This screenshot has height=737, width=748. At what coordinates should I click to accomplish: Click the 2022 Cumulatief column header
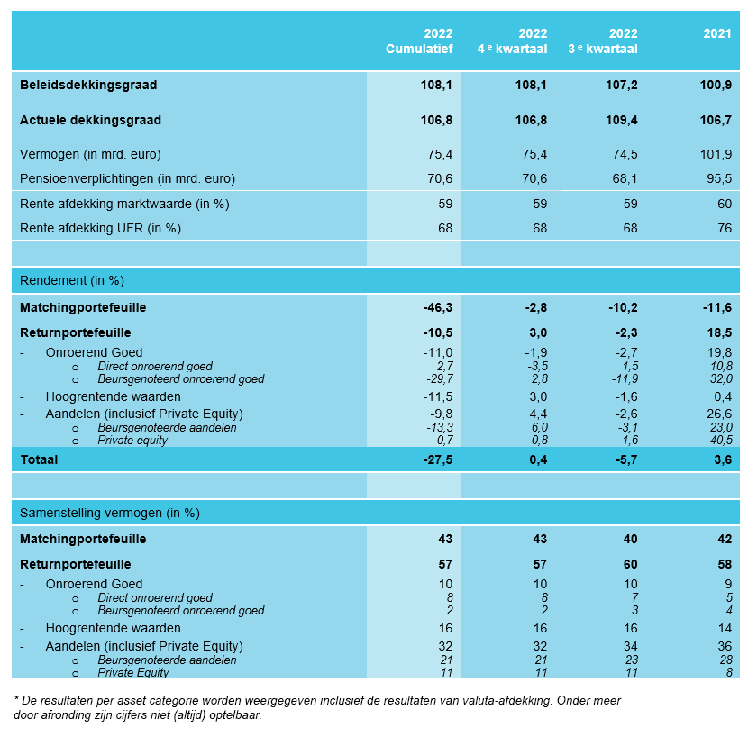point(419,41)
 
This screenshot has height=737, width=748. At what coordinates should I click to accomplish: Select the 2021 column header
point(717,33)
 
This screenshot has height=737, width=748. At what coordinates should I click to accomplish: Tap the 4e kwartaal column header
point(513,41)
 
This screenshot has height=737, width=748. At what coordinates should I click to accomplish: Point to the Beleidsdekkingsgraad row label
point(88,85)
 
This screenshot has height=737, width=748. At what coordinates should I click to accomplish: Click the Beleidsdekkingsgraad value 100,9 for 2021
point(716,85)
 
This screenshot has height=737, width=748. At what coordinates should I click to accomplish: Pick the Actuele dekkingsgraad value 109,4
point(622,120)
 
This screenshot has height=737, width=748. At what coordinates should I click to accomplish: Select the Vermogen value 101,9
point(716,154)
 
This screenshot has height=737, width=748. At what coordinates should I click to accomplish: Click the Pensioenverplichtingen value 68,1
point(625,178)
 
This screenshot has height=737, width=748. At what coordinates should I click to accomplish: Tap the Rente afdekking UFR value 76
point(725,228)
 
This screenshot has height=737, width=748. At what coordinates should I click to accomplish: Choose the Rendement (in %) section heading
point(72,280)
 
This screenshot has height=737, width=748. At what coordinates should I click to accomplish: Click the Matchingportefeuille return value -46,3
point(438,307)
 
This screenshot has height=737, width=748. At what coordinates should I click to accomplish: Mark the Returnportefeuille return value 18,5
point(719,332)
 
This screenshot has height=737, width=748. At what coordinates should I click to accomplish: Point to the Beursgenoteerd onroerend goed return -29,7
point(440,378)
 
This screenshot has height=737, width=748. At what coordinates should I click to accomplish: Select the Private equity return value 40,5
point(721,440)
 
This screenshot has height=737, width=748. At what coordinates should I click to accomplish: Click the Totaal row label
point(39,459)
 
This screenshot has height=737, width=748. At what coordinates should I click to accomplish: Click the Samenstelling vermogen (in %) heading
point(110,513)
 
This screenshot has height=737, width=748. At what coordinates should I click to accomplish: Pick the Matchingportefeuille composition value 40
point(630,539)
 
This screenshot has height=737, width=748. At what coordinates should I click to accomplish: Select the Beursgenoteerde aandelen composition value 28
point(726,660)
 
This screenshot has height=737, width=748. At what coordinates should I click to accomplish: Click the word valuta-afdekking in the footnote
point(503,701)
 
